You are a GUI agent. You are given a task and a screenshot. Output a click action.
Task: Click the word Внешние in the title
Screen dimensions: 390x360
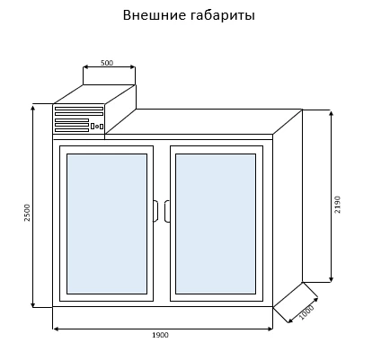click(x=155, y=15)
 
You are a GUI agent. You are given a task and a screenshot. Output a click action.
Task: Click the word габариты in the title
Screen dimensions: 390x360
click(x=223, y=15)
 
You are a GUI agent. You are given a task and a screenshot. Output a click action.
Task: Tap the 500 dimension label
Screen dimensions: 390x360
click(x=107, y=63)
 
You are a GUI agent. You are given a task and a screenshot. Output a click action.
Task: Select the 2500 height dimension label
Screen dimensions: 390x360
click(x=27, y=213)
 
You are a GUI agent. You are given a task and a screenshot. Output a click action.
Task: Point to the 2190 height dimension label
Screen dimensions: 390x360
click(x=338, y=205)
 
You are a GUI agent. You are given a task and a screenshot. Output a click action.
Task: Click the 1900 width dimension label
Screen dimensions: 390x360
click(x=160, y=335)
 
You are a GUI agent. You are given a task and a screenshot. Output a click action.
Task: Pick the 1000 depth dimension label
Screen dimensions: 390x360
click(x=306, y=312)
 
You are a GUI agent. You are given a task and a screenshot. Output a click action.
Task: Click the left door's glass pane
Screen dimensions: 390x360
click(x=107, y=224)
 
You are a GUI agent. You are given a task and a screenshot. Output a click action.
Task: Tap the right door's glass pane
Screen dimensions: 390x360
click(x=216, y=224)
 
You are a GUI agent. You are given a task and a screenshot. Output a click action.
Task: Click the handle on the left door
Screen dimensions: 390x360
click(x=155, y=211)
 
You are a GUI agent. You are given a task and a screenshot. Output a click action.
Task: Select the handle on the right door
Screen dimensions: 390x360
click(x=167, y=211)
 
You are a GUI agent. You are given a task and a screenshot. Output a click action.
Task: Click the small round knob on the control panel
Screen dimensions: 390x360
click(x=97, y=127)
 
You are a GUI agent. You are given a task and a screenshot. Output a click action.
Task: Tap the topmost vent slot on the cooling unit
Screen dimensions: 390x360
click(x=79, y=109)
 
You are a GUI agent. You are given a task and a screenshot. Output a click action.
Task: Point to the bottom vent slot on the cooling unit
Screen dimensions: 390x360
click(x=72, y=130)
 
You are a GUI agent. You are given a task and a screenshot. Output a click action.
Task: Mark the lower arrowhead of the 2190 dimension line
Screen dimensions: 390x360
click(x=331, y=279)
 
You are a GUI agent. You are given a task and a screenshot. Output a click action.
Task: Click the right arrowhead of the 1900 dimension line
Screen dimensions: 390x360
click(x=270, y=329)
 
